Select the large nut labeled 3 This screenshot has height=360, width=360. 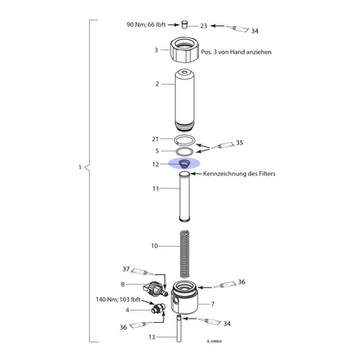[184, 49]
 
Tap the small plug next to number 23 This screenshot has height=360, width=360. [184, 24]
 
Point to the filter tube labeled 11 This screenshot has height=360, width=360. [184, 196]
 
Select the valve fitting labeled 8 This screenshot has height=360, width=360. [155, 289]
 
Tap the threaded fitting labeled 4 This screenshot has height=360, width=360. [157, 308]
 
